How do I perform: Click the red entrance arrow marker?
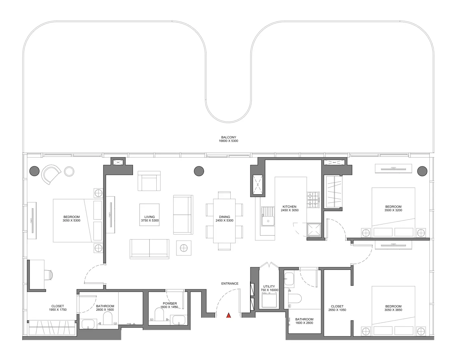pos(229,315)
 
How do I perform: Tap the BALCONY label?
pos(229,137)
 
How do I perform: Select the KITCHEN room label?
pos(289,207)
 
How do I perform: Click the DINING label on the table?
pos(224,217)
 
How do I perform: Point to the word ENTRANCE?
pos(230,283)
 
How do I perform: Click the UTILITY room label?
pos(269,286)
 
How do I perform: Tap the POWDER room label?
pos(170,303)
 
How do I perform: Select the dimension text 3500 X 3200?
pos(393,210)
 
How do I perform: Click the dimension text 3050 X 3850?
pos(393,310)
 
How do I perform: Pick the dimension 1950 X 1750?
pos(58,310)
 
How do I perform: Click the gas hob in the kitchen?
pos(313,200)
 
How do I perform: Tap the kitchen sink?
pos(268,216)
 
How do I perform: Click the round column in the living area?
pos(199,171)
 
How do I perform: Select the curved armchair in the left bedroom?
pos(51,174)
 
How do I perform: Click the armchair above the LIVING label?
pos(149,181)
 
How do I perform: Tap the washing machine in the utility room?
pos(269,300)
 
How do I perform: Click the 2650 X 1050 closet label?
pos(337,310)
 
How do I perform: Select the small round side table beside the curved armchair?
pos(69,171)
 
